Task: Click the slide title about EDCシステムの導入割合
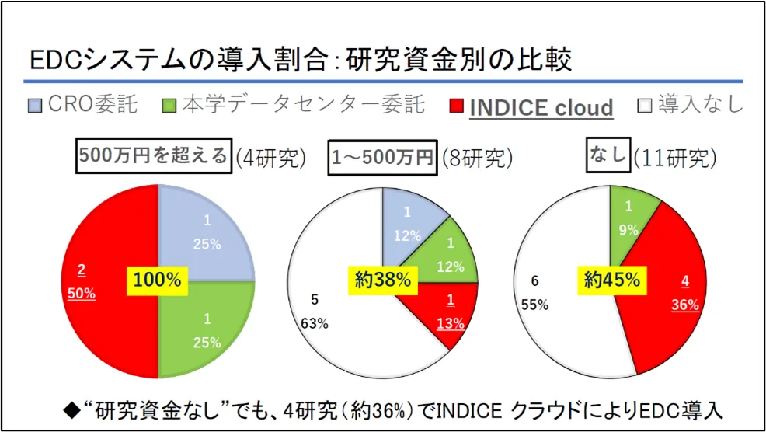300,59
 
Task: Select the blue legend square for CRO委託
35,105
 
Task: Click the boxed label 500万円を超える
154,156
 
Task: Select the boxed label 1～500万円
382,156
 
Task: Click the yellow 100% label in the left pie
158,280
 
